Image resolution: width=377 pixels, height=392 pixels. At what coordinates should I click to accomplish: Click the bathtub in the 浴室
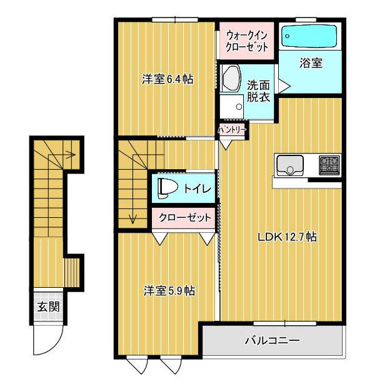pos(309,36)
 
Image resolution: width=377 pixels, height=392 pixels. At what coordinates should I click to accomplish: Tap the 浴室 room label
pos(311,63)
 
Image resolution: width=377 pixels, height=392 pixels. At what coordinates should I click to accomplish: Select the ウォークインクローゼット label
pos(246,41)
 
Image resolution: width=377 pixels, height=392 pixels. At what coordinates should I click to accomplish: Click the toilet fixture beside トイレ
pos(167,188)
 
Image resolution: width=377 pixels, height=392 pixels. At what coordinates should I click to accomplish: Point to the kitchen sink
pos(289,165)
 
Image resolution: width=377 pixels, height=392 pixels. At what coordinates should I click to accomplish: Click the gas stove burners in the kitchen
pos(329,165)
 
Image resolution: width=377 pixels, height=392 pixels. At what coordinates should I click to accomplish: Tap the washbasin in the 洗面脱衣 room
pos(231,78)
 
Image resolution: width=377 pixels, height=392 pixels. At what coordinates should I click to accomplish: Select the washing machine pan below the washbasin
pos(232,107)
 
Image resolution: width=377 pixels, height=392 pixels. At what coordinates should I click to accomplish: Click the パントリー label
pos(232,130)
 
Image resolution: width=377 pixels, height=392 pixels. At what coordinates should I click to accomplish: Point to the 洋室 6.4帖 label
pos(167,79)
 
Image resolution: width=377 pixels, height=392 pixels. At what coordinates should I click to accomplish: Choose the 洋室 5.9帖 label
pos(169,290)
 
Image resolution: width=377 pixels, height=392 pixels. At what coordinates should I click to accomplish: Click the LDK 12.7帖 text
pos(287,237)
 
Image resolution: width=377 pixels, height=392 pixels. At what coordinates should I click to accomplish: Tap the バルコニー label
pos(272,340)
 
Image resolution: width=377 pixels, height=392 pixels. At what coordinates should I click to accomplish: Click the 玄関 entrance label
pos(48,306)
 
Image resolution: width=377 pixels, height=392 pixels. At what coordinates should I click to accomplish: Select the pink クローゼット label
pos(185,217)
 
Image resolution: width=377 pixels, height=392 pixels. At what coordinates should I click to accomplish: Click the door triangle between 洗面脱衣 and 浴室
pos(284,86)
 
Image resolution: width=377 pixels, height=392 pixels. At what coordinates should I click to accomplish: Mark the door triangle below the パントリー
pos(226,145)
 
